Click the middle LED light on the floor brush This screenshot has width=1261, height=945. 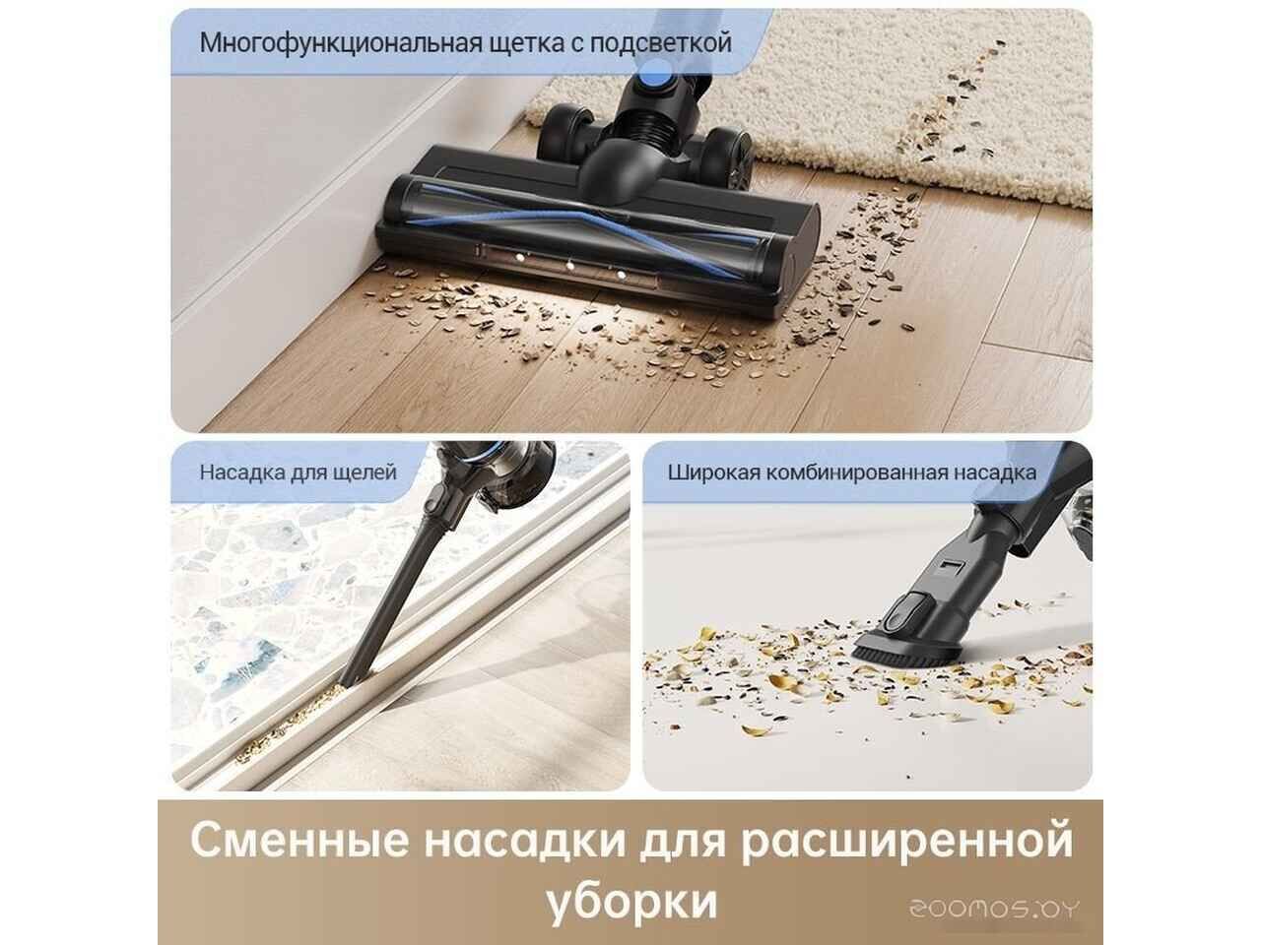[568, 263]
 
